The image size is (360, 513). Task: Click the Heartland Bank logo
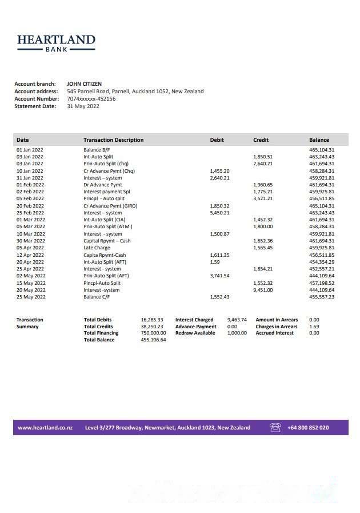[x=56, y=43]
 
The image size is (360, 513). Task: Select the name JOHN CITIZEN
[x=84, y=84]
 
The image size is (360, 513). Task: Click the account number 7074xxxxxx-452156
[x=91, y=98]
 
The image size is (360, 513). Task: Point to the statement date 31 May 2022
[x=83, y=106]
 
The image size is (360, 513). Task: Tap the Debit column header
[x=217, y=140]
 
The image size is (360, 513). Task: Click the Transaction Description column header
[x=113, y=140]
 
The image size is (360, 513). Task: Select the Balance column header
[x=319, y=140]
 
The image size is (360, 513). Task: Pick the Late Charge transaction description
[x=96, y=248]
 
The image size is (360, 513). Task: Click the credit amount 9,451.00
[x=263, y=290]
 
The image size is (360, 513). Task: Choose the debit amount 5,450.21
[x=220, y=213]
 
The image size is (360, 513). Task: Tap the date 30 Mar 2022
[x=30, y=241]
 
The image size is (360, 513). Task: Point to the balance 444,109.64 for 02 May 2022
[x=322, y=276]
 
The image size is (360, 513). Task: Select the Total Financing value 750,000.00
[x=153, y=333]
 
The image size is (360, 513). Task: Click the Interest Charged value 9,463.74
[x=237, y=320]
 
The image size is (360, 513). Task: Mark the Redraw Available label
[x=195, y=333]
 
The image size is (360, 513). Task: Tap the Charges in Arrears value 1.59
[x=314, y=327]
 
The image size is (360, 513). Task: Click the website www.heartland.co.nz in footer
[x=45, y=428]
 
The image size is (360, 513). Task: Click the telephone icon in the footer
[x=275, y=428]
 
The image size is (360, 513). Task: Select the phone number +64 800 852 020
[x=308, y=428]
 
